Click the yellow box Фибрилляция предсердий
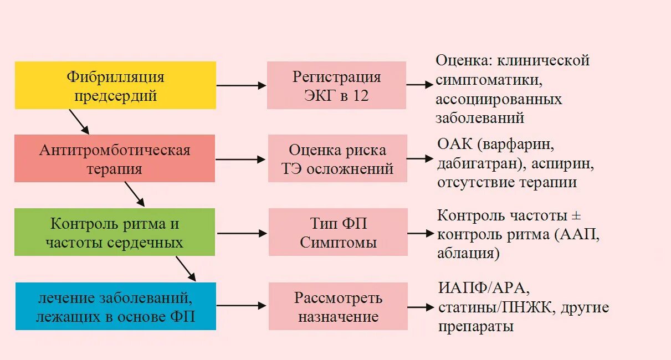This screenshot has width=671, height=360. point(115,85)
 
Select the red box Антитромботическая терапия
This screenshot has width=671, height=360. point(115,158)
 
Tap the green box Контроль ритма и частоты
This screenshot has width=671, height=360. point(115,233)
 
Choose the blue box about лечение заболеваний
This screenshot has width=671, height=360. point(116,306)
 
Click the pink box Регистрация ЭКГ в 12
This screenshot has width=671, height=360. point(336,85)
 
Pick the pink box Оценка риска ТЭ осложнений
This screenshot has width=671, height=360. point(337,158)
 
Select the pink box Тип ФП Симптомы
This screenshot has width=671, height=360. point(338,233)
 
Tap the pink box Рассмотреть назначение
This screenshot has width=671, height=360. point(338,306)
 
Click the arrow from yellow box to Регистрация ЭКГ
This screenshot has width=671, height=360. point(241,85)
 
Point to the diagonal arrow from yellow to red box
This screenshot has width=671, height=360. point(79,122)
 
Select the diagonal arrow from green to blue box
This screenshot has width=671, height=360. point(186,269)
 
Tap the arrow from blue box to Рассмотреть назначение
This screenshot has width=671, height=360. point(242,306)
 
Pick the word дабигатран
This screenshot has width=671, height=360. point(475,164)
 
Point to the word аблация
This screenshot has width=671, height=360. point(467,254)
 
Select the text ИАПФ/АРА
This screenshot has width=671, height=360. point(483,289)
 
